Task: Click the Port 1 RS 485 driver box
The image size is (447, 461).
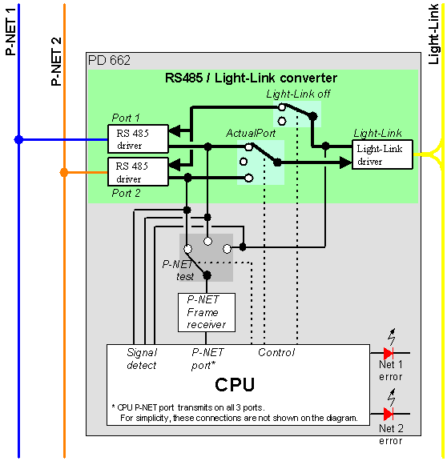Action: click(x=138, y=139)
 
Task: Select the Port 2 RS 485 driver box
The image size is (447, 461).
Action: click(x=138, y=172)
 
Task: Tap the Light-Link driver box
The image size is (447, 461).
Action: click(x=383, y=154)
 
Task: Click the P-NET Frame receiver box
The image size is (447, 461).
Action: click(x=207, y=312)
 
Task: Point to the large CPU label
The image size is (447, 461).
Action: click(x=235, y=384)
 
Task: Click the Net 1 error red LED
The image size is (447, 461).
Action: click(x=389, y=353)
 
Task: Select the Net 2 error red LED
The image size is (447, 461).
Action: click(x=389, y=414)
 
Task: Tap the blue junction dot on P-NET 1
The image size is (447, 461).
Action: click(x=19, y=139)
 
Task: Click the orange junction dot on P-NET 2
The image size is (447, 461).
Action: click(x=64, y=172)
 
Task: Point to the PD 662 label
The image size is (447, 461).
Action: click(x=109, y=61)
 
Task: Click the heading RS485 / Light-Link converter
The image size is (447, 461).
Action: click(x=251, y=78)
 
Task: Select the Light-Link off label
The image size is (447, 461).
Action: click(x=298, y=94)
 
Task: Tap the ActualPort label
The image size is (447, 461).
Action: click(x=251, y=133)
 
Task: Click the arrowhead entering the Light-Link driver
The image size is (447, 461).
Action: click(x=346, y=162)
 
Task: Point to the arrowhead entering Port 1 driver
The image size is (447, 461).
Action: click(x=175, y=131)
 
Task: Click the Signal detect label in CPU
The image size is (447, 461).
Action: click(x=142, y=359)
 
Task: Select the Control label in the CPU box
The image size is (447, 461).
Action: click(x=276, y=352)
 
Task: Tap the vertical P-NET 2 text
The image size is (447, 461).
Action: click(x=56, y=61)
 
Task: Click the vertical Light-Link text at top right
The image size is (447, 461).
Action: click(x=433, y=34)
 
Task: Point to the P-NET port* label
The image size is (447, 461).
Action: click(x=207, y=359)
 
